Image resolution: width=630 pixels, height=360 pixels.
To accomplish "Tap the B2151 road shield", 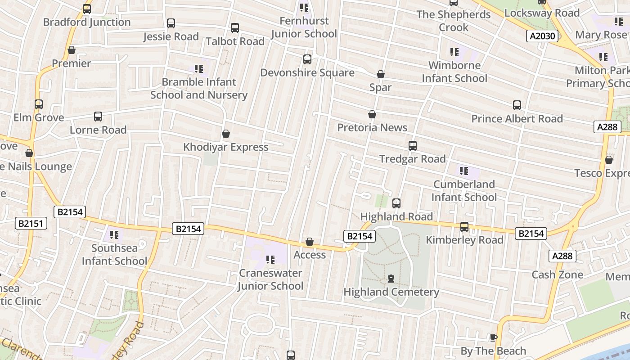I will click(31, 223).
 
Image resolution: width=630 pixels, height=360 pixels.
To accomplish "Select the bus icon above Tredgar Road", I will click(412, 146).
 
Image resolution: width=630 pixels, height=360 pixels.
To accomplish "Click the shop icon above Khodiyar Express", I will click(226, 134).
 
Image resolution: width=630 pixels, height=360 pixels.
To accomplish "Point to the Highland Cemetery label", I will click(391, 292).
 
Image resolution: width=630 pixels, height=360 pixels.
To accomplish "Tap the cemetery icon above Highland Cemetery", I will click(391, 279).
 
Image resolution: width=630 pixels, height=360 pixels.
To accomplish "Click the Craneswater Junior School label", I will click(270, 279).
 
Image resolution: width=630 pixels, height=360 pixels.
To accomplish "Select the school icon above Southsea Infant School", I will click(114, 235).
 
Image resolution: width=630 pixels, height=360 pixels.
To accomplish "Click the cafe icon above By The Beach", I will click(493, 338).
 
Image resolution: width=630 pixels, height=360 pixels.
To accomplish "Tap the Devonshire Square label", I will click(307, 73).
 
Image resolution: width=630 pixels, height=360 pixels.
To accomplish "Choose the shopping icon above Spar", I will click(381, 74).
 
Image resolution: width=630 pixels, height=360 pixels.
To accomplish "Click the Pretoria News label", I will click(372, 128).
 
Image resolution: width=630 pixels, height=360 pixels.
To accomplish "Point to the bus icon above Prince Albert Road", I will click(517, 105).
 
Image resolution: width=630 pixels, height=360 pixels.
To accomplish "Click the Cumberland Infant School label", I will click(464, 191).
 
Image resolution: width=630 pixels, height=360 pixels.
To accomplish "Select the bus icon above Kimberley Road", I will click(464, 227).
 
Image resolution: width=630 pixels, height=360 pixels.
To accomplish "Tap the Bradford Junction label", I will click(86, 22).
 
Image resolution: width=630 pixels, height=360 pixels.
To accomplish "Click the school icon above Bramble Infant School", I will click(199, 69).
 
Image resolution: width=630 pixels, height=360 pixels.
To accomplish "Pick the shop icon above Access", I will click(310, 242).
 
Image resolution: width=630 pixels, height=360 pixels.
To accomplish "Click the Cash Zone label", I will click(557, 275).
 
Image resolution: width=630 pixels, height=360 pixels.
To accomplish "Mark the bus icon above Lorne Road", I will click(98, 117).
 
